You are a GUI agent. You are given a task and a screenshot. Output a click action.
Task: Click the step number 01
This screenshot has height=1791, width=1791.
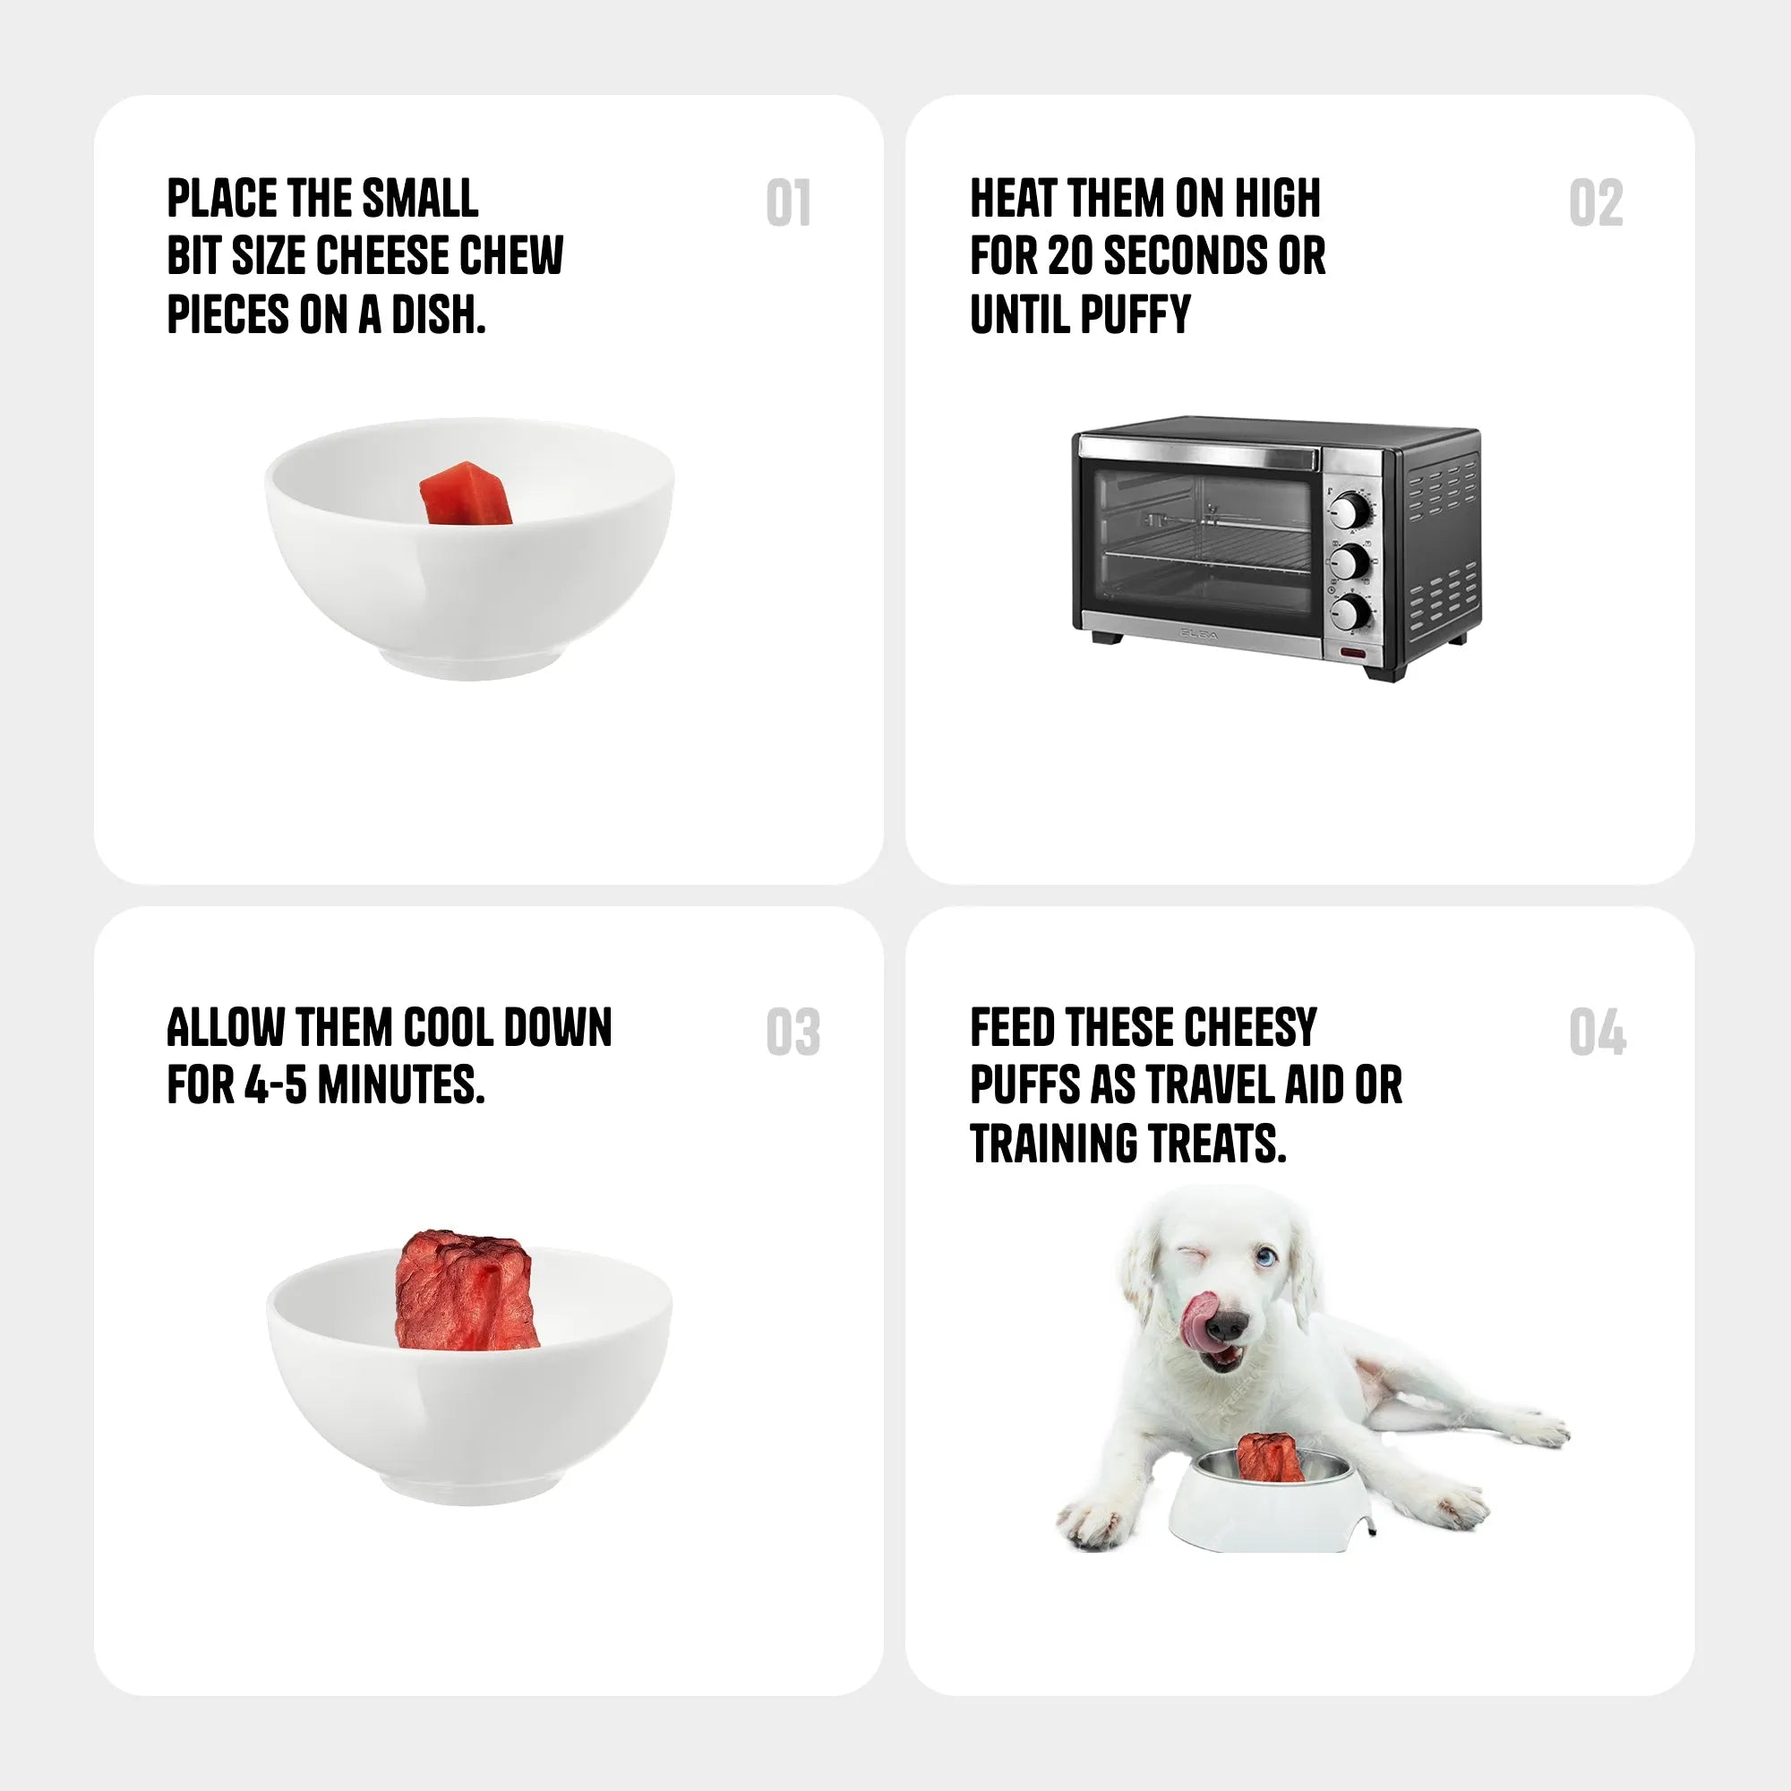tap(789, 203)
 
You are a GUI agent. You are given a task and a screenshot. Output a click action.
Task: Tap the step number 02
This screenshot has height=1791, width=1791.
tap(1596, 203)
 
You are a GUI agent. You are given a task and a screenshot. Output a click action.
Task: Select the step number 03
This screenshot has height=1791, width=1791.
tap(793, 1032)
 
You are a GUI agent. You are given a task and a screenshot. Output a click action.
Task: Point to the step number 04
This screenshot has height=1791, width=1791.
tap(1598, 1032)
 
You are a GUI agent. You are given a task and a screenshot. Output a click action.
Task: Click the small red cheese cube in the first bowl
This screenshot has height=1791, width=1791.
tap(466, 494)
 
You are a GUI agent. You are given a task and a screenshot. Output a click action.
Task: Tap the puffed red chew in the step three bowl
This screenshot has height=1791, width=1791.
tap(467, 1290)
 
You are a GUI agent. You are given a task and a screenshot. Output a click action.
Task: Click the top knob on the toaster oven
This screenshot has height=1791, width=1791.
tap(1350, 510)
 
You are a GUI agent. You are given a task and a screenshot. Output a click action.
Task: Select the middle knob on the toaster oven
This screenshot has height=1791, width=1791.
tap(1350, 561)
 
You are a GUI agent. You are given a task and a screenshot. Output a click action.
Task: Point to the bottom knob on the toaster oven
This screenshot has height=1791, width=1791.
tap(1350, 612)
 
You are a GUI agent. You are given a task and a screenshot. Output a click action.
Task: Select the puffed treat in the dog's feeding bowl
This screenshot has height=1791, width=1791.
tap(1270, 1457)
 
